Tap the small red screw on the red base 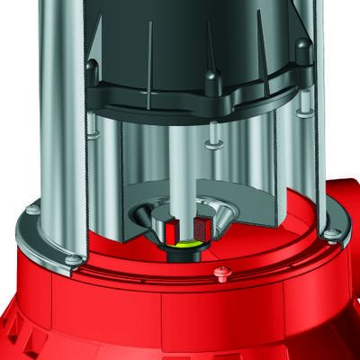[222, 270]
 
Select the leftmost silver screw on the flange [32, 210]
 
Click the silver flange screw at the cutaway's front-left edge [73, 260]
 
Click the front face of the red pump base [180, 315]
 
